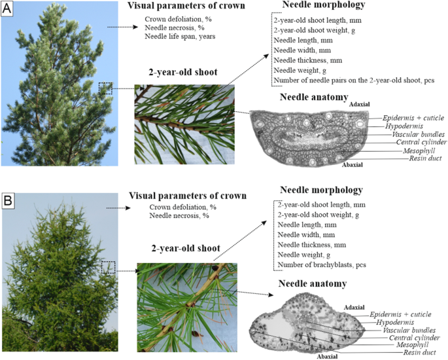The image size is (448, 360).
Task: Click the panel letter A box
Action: pos(7,9)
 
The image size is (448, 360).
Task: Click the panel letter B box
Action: pos(8,200)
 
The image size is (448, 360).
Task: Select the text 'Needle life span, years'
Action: pos(180,36)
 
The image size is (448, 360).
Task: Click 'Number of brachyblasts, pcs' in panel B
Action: pos(322,265)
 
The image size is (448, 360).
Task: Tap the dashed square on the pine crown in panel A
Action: pos(105,88)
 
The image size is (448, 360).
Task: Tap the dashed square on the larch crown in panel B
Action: pos(109,267)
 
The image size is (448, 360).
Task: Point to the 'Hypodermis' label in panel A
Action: pos(404,126)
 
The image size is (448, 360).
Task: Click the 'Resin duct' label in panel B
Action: pos(419,353)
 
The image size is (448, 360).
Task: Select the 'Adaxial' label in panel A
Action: pos(360,104)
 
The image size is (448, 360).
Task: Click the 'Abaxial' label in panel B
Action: pos(328,357)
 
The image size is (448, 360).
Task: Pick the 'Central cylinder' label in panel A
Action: pos(421,142)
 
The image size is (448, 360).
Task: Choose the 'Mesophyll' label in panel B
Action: pos(412,345)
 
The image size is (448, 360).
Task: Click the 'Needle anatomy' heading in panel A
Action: pos(314,97)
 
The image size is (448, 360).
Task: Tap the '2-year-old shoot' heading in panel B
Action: pos(186,248)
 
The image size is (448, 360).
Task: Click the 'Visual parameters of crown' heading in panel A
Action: pos(186,5)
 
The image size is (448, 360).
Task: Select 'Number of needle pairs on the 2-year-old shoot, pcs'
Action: pos(354,81)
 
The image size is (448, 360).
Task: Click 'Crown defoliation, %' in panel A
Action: pos(178,19)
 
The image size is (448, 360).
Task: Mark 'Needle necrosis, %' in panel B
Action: pos(179,215)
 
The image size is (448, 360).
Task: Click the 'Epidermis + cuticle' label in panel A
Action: pos(413,118)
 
